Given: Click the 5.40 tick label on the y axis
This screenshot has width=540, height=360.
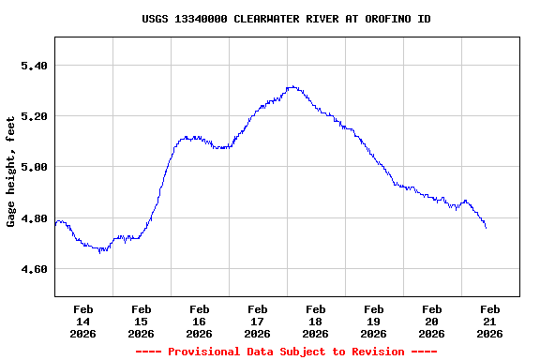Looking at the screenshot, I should pos(33,66).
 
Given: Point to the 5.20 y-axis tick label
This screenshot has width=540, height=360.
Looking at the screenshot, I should pos(33,116).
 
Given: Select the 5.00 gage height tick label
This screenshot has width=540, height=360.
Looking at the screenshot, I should pos(33,167).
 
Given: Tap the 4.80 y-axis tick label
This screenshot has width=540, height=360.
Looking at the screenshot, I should pos(33,218).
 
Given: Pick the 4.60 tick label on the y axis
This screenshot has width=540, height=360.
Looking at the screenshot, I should pos(33,269).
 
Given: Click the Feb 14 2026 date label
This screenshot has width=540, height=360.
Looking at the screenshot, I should pos(82,321).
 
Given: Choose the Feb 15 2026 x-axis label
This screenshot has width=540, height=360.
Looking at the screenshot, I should pos(141,321).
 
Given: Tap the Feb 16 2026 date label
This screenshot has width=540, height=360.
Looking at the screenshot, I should pos(199,321).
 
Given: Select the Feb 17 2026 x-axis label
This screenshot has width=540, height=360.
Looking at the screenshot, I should pos(257,321).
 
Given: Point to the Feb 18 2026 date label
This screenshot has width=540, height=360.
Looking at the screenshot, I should pos(315,321).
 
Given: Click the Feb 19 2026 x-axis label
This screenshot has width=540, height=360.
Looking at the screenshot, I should pos(373,321).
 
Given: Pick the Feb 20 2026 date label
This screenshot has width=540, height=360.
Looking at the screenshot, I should pos(431,321).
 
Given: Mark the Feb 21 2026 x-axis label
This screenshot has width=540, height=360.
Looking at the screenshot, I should pos(489,321).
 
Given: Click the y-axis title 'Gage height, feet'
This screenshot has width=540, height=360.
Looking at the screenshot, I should pos(11,172).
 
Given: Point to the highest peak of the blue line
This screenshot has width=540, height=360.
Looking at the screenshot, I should pos(292,86).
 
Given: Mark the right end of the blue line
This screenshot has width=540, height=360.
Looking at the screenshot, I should pos(486,228).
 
